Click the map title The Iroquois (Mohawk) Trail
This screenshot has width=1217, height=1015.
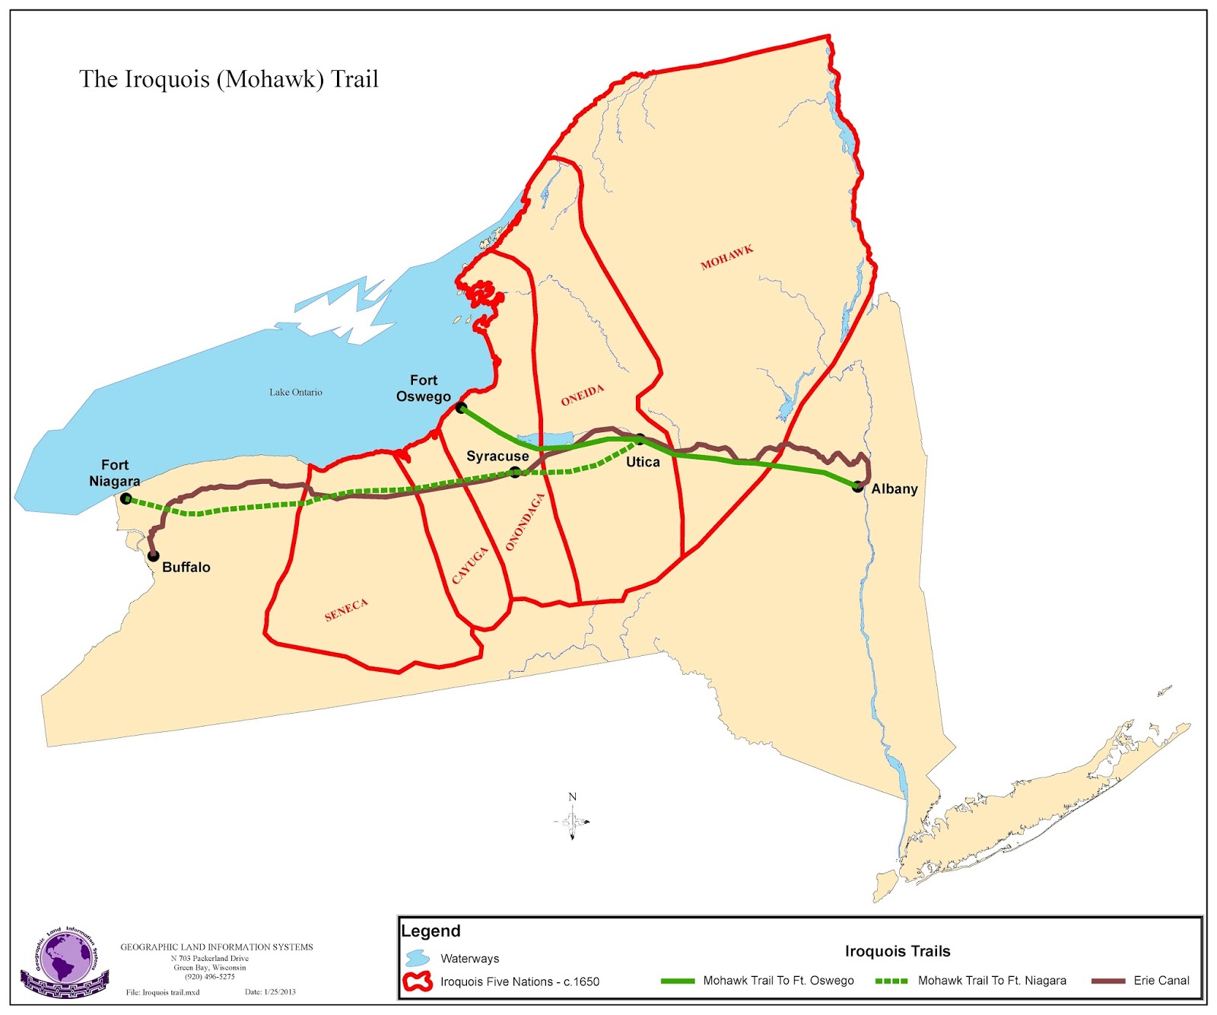(229, 79)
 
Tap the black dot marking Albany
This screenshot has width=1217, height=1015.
(857, 487)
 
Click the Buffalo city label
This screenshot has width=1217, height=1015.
(186, 567)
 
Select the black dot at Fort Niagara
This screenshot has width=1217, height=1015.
(126, 499)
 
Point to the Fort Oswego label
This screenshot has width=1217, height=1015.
(424, 388)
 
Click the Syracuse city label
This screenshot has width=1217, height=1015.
(497, 456)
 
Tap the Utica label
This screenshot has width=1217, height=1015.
(643, 462)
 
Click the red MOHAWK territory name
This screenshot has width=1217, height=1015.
(726, 257)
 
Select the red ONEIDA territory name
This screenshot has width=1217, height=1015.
(583, 395)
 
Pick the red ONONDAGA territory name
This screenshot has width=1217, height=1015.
(525, 522)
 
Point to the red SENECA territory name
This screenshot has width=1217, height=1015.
(346, 609)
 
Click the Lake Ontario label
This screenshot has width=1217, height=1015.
(295, 392)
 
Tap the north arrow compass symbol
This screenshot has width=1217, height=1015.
(572, 819)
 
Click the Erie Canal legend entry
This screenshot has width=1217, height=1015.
(1161, 981)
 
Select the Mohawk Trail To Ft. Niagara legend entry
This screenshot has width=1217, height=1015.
(991, 981)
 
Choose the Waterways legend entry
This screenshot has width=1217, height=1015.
(469, 959)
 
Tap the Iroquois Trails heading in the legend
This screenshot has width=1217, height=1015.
(898, 951)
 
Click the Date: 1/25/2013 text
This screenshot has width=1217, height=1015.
(270, 992)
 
